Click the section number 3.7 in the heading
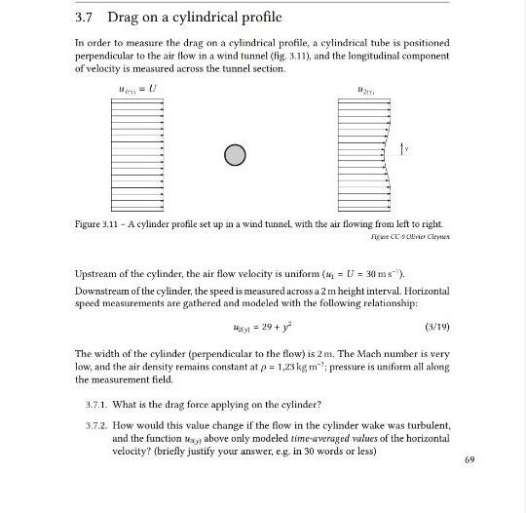coord(84,19)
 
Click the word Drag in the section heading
coord(125,19)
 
